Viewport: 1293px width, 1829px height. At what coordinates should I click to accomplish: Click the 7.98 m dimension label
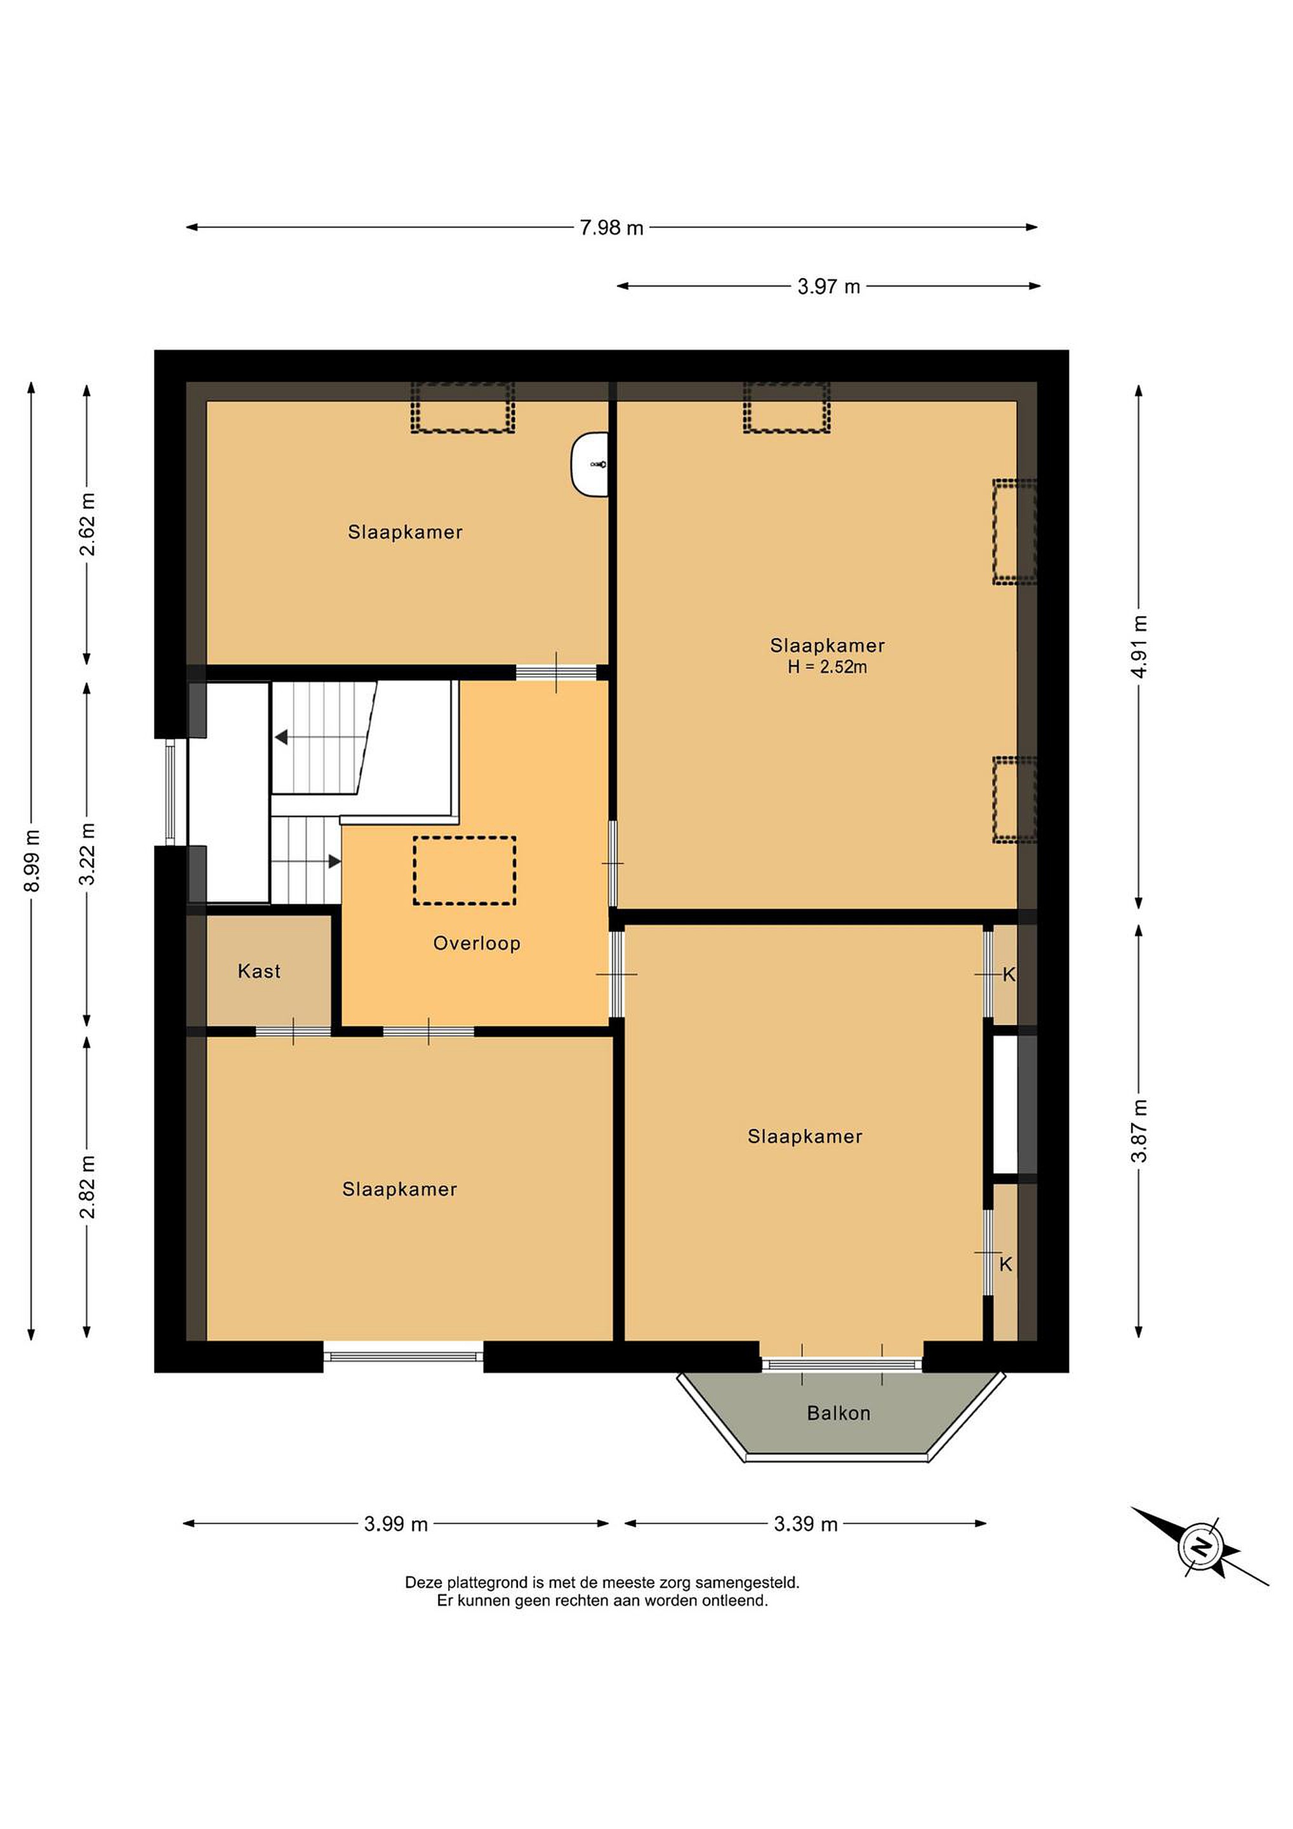[x=611, y=228]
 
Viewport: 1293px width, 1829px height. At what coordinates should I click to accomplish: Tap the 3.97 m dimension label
[x=829, y=287]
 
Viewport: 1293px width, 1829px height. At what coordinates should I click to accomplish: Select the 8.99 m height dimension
[x=32, y=861]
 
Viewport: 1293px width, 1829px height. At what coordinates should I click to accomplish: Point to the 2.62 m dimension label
[x=87, y=524]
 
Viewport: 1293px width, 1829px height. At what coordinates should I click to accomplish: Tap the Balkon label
[x=839, y=1413]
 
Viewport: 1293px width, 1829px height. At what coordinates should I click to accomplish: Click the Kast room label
[x=259, y=971]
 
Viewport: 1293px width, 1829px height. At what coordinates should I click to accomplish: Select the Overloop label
[x=477, y=943]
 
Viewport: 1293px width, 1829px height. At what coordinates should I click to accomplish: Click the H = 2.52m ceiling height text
[x=827, y=667]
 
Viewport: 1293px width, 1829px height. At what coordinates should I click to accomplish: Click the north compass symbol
[x=1201, y=1546]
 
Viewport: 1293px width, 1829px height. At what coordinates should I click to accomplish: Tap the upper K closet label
[x=1009, y=974]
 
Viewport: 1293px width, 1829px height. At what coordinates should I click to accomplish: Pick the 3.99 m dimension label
[x=395, y=1524]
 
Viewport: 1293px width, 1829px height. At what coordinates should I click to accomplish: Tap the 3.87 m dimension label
[x=1139, y=1130]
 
